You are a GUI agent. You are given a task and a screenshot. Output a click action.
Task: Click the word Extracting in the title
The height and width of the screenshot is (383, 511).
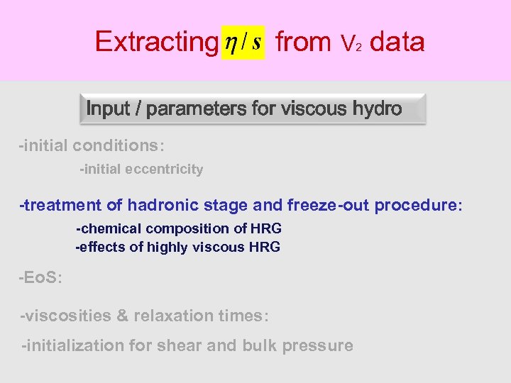click(155, 42)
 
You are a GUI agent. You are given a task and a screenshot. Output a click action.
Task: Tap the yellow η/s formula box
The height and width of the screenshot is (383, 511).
click(243, 42)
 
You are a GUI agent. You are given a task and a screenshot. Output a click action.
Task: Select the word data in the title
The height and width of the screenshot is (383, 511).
click(397, 42)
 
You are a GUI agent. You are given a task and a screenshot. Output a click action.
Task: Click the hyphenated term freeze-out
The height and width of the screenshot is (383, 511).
click(328, 206)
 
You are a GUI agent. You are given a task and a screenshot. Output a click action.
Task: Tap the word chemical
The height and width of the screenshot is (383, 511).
click(111, 228)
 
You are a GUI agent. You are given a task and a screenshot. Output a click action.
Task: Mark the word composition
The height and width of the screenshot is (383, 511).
click(187, 228)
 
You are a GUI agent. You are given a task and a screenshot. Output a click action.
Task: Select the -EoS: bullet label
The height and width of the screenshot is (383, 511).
click(40, 277)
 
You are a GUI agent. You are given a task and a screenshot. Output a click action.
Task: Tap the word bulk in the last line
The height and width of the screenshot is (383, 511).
click(261, 345)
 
